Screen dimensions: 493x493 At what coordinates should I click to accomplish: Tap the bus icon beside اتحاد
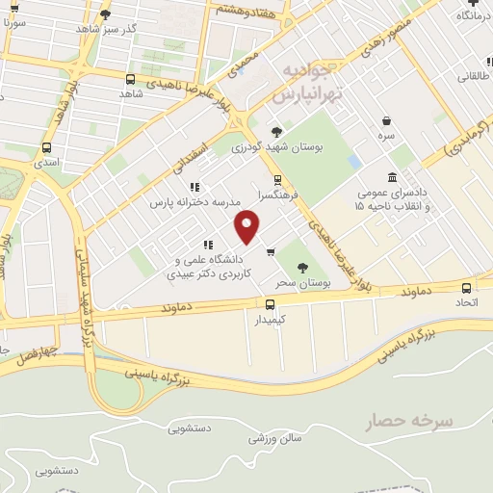(467, 287)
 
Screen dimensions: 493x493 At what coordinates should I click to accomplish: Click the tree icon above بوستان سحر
(302, 268)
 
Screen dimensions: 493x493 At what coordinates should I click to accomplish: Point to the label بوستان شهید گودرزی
(277, 147)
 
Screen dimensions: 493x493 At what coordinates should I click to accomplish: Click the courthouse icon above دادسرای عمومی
(392, 178)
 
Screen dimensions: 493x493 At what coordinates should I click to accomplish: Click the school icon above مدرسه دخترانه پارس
(194, 187)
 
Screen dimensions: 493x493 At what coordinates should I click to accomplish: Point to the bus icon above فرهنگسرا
(277, 179)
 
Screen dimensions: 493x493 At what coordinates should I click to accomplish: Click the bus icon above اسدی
(46, 147)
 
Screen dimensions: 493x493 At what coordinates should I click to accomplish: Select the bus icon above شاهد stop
(130, 79)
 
